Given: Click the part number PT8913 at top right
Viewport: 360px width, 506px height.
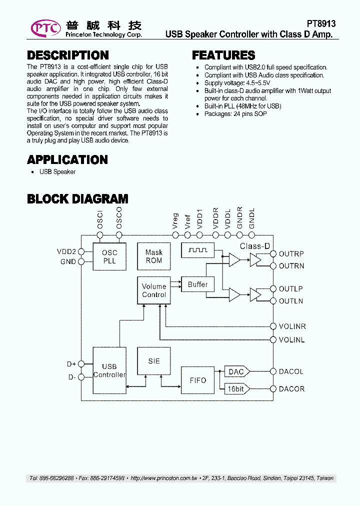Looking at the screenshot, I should tap(320, 23).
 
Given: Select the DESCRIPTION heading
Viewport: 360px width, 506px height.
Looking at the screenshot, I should tap(67, 55).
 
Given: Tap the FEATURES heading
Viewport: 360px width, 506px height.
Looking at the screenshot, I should tap(223, 55).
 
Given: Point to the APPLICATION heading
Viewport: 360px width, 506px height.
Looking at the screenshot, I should tap(67, 160).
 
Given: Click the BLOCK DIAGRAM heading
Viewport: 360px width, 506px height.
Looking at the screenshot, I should tap(77, 199).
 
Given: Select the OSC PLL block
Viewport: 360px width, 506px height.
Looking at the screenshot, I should tap(109, 257).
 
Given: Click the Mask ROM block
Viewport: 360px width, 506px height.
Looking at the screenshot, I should tap(154, 256).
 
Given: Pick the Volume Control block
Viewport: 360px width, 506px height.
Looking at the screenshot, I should tap(154, 290).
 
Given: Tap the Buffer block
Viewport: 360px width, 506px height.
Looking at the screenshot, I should tap(197, 284).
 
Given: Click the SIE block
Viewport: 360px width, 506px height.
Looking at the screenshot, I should tap(154, 361).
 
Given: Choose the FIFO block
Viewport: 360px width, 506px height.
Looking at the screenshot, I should tap(197, 380).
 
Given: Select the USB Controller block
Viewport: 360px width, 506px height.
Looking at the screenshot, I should tap(109, 370).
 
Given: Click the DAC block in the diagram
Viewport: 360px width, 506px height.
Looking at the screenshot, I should tap(236, 371).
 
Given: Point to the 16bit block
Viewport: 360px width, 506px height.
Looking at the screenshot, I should tap(236, 388).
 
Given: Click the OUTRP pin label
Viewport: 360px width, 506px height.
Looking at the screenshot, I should tap(291, 254).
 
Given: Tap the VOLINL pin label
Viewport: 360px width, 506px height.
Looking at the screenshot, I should tap(292, 340).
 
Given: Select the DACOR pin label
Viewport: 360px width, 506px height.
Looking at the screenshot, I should tap(291, 389).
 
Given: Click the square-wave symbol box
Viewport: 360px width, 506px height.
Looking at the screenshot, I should tap(197, 250).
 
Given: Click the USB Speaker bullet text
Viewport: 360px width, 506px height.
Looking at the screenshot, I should tap(57, 172).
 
